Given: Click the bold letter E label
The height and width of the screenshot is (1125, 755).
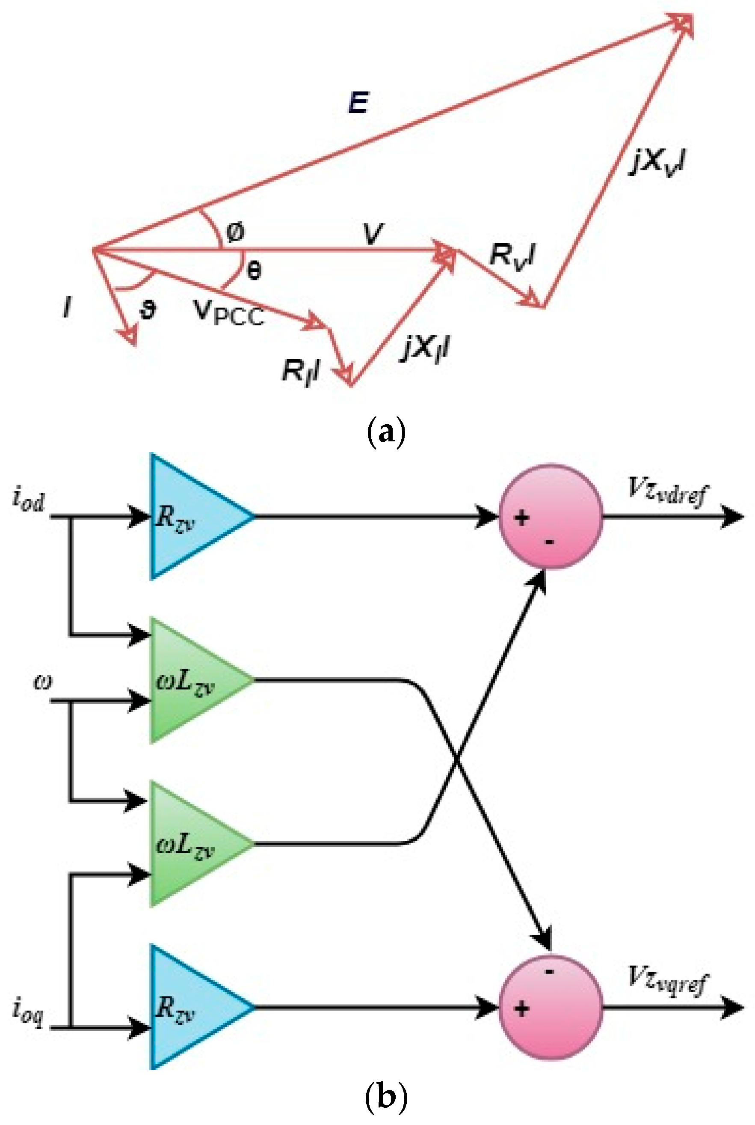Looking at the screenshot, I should [359, 103].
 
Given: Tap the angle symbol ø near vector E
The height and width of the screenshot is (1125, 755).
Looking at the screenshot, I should [235, 232].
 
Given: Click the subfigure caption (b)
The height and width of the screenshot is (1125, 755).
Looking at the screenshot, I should [386, 1098].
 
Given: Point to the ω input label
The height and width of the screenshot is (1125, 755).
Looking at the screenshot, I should [42, 681].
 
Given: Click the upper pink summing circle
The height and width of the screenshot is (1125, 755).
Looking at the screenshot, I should [551, 516].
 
